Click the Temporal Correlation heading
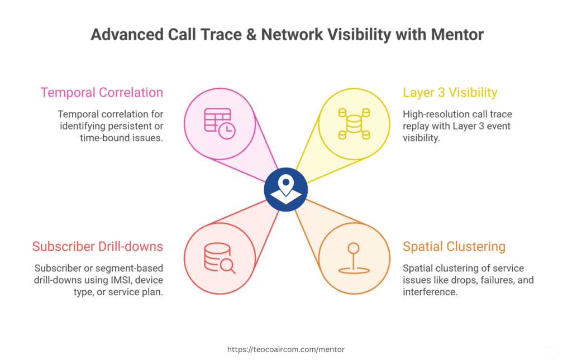tap(102, 93)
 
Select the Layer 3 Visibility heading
tap(450, 93)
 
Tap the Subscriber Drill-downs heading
tap(98, 247)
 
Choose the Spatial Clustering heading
tap(454, 247)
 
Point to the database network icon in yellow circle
tap(353, 123)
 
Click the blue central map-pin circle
tap(286, 190)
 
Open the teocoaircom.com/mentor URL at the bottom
tap(286, 349)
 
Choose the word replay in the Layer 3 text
tap(416, 126)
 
